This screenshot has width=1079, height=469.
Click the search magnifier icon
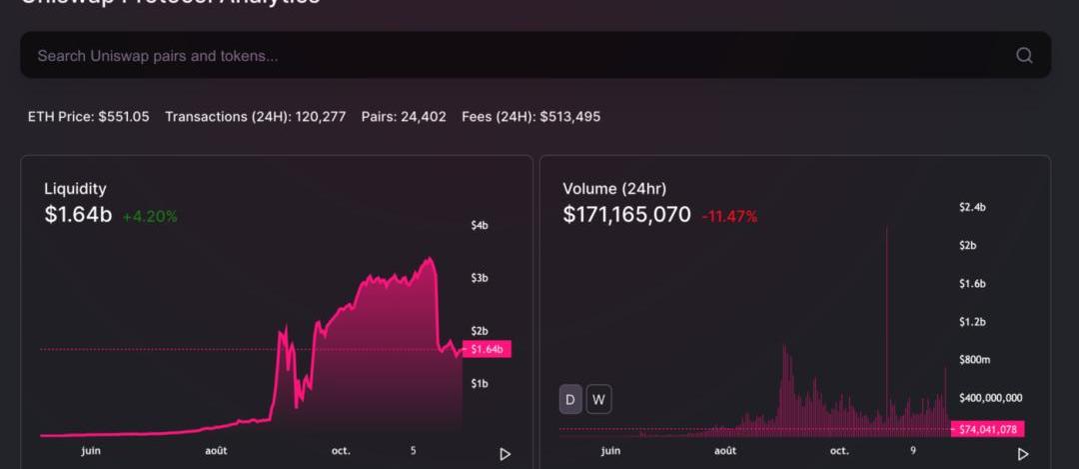pyautogui.click(x=1024, y=56)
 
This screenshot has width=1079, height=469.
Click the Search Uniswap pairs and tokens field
pyautogui.click(x=500, y=56)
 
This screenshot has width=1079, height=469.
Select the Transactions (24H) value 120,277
pyautogui.click(x=320, y=117)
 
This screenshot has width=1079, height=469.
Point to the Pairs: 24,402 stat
pyautogui.click(x=404, y=117)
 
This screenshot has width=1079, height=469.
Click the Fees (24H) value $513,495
pyautogui.click(x=569, y=117)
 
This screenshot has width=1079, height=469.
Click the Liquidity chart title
pyautogui.click(x=75, y=188)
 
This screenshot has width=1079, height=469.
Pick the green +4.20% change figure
pyautogui.click(x=150, y=215)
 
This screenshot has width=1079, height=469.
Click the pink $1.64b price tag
pyautogui.click(x=489, y=349)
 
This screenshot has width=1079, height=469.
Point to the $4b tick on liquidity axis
pyautogui.click(x=480, y=226)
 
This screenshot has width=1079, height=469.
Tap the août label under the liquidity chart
pyautogui.click(x=216, y=451)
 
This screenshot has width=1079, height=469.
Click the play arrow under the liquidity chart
pyautogui.click(x=505, y=454)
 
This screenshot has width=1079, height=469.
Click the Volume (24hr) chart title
pyautogui.click(x=614, y=188)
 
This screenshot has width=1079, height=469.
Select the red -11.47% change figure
pyautogui.click(x=729, y=216)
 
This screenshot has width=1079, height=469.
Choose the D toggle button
pyautogui.click(x=570, y=400)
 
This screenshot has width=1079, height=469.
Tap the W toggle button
pyautogui.click(x=598, y=400)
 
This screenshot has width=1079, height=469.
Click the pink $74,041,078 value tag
pyautogui.click(x=988, y=429)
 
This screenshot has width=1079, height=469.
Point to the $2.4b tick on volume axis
pyautogui.click(x=972, y=207)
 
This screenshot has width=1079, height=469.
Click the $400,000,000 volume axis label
pyautogui.click(x=990, y=398)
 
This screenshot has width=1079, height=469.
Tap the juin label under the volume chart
pyautogui.click(x=610, y=451)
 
